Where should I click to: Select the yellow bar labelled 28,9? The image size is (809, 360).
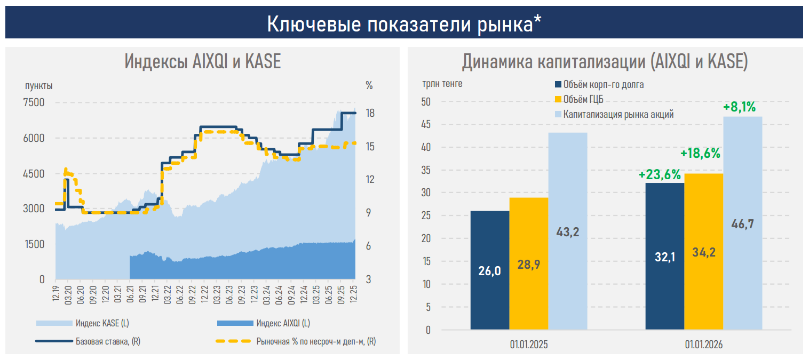pyautogui.click(x=528, y=263)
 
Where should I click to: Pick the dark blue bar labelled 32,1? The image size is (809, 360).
pyautogui.click(x=665, y=256)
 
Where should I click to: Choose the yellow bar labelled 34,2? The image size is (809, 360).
pyautogui.click(x=703, y=251)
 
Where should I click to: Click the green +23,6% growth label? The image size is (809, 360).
pyautogui.click(x=660, y=174)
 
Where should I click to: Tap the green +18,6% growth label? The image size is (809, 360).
pyautogui.click(x=700, y=154)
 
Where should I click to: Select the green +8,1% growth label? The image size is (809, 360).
pyautogui.click(x=739, y=107)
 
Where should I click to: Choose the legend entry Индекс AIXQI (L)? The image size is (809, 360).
pyautogui.click(x=283, y=323)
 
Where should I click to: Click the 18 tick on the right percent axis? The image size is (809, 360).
pyautogui.click(x=369, y=113)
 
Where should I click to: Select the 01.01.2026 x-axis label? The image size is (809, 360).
pyautogui.click(x=703, y=345)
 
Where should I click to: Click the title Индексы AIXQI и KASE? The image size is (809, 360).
pyautogui.click(x=202, y=62)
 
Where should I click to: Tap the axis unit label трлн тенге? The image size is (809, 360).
pyautogui.click(x=442, y=84)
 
